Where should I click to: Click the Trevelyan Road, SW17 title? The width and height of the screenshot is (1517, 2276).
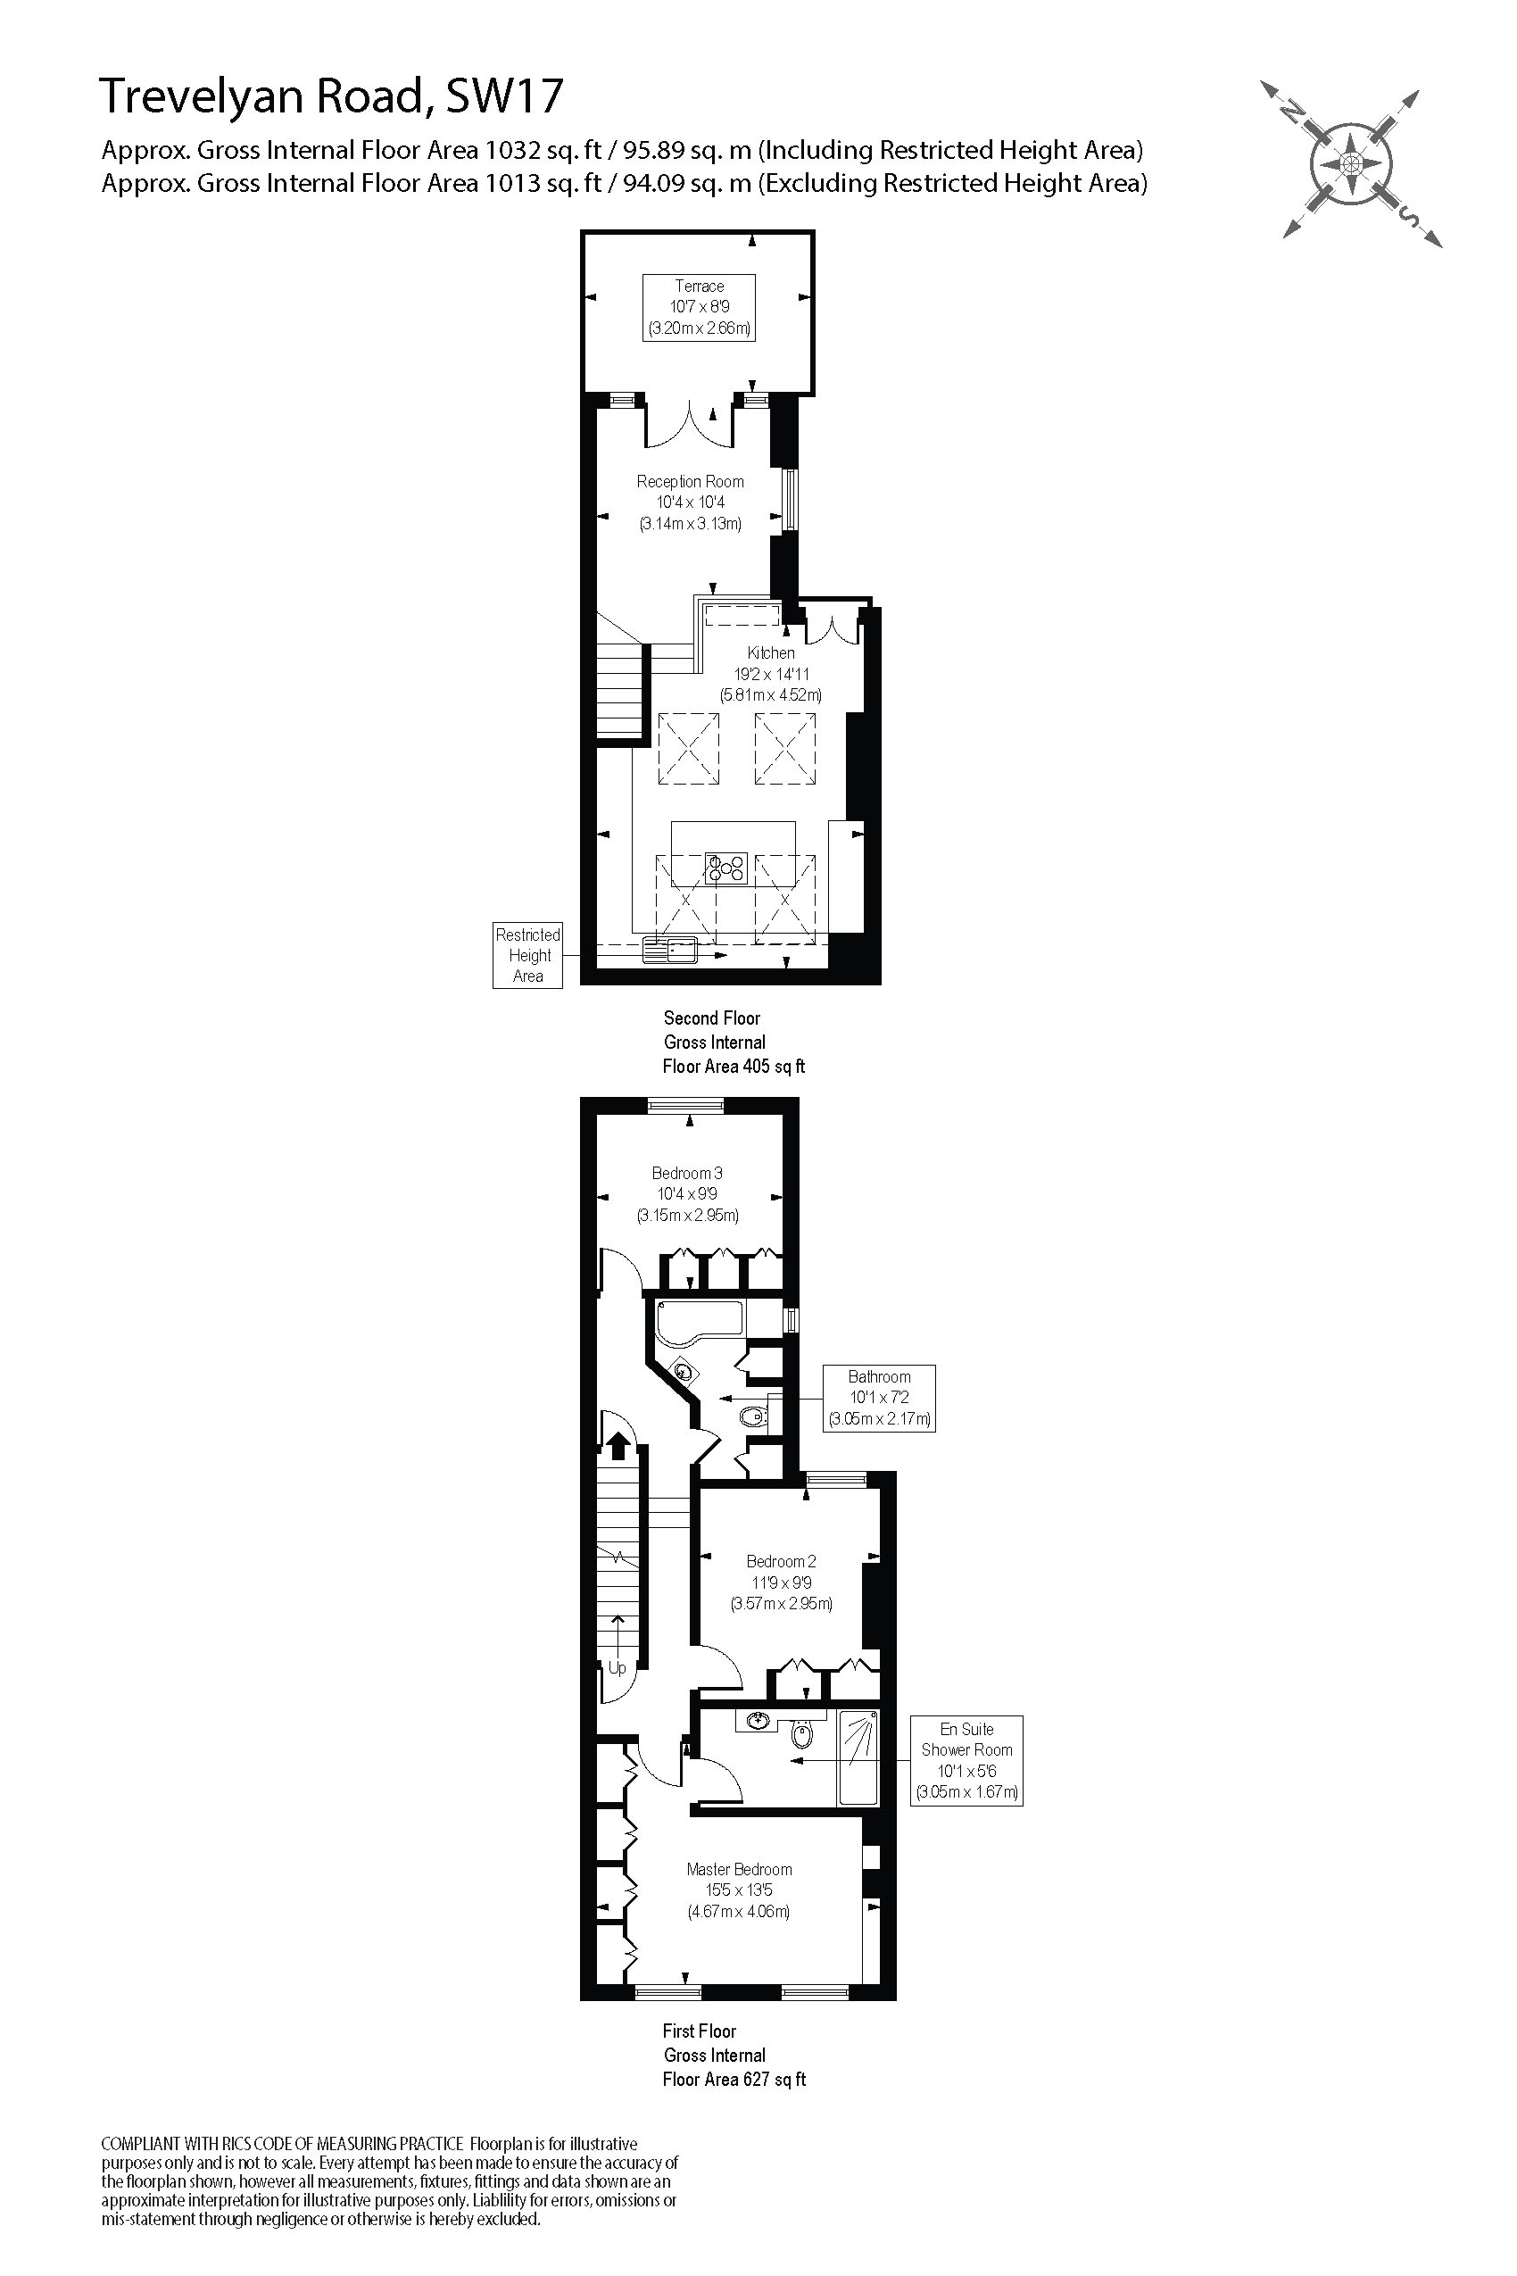[x=331, y=96]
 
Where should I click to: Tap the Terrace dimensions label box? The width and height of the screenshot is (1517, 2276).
[x=699, y=308]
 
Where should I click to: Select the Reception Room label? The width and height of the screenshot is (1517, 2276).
[x=690, y=503]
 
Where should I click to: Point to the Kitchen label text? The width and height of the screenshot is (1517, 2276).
[x=770, y=653]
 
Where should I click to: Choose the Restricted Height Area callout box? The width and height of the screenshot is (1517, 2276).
[x=527, y=955]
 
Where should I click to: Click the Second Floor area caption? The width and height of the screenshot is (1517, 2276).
[x=734, y=1042]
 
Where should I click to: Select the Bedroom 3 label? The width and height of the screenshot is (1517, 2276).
[x=687, y=1193]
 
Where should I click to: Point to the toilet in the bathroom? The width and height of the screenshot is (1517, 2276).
[x=752, y=1417]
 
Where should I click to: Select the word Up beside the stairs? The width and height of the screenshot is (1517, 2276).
[x=618, y=1668]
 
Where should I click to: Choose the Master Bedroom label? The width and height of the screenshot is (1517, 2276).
[x=739, y=1890]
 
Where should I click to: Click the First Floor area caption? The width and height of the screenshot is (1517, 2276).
[x=734, y=2056]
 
